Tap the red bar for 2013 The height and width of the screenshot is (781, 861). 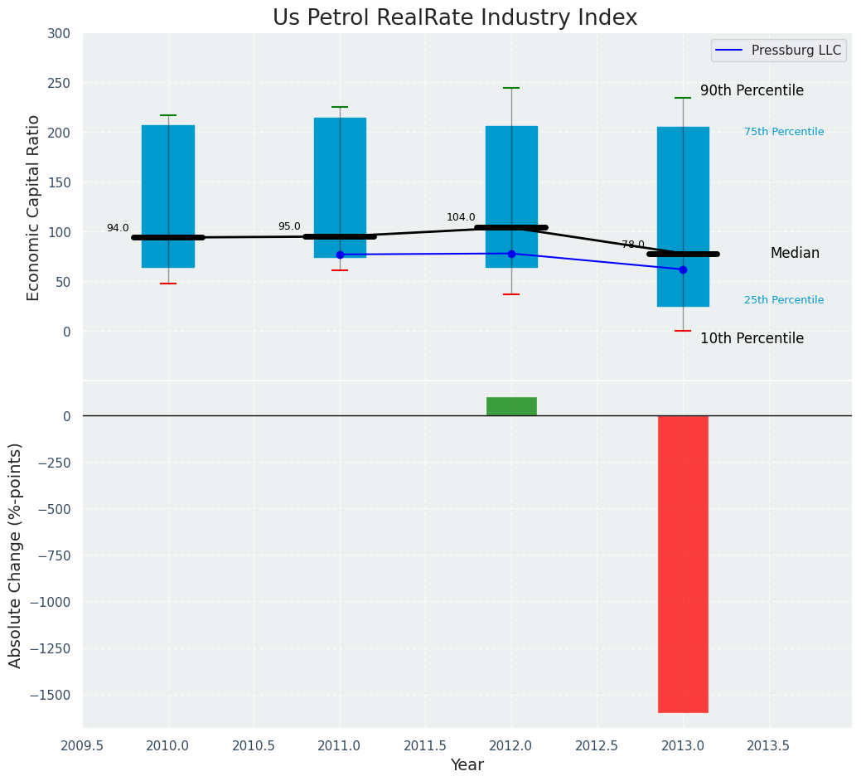(x=683, y=564)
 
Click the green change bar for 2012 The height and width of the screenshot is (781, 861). (x=511, y=406)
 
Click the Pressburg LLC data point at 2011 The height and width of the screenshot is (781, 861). (x=340, y=255)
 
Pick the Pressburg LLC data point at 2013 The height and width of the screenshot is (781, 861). (x=683, y=269)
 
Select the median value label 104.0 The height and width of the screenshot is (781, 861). (x=461, y=218)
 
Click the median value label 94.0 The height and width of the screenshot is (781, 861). (x=118, y=229)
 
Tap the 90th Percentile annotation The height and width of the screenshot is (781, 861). (x=752, y=91)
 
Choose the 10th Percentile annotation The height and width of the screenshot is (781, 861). (x=752, y=339)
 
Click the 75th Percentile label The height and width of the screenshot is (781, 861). (x=784, y=132)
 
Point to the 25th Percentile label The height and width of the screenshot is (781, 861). (x=784, y=300)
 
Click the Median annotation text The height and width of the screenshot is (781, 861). (x=795, y=254)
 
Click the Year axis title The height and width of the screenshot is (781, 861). (x=467, y=765)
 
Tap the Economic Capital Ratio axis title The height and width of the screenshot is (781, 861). (x=34, y=207)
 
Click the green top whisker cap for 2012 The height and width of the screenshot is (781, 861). (x=511, y=88)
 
